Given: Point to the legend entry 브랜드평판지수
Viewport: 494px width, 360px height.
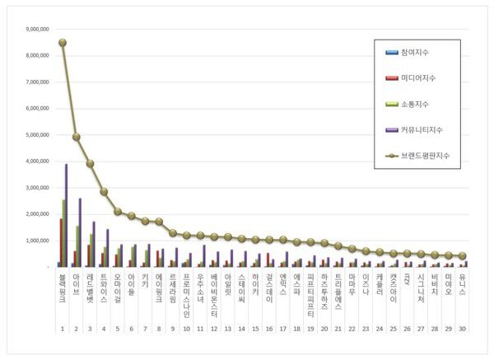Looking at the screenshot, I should pos(425,155).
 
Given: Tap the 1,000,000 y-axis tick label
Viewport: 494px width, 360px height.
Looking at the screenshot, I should pos(39,240).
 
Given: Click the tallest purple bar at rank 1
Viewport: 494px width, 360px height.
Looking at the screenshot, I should pos(66,215).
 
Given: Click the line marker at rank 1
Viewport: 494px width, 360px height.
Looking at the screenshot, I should pos(63,42).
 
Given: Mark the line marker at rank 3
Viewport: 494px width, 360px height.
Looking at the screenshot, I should pos(91,163).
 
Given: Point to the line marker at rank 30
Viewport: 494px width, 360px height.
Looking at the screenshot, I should pos(462,256).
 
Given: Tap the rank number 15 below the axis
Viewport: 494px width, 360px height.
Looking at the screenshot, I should pos(256,328).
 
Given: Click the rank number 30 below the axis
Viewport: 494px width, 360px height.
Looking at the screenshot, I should pos(462,328).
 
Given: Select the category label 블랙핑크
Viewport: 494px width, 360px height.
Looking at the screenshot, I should pos(63,288).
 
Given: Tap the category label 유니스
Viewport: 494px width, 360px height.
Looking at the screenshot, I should pos(462,283).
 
